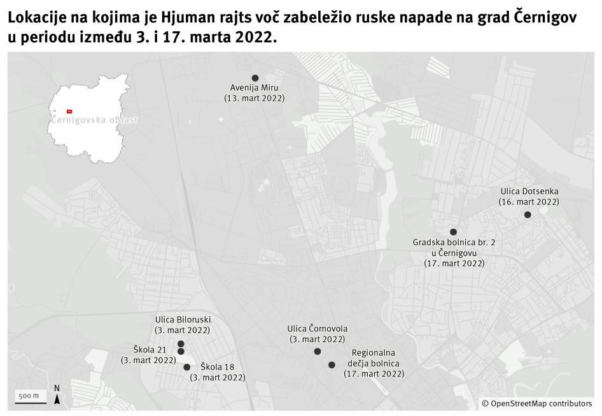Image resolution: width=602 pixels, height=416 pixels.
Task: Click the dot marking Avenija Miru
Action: (255, 78)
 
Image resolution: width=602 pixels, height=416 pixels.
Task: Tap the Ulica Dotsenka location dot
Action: (528, 215)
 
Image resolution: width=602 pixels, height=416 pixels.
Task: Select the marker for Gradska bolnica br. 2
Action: (453, 232)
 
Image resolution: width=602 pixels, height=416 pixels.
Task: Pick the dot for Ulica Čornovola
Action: (318, 351)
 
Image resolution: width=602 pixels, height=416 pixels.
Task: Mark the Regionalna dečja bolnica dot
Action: (332, 365)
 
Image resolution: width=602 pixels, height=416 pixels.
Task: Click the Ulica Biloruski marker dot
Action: (181, 344)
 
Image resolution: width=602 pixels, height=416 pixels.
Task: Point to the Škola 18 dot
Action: (186, 367)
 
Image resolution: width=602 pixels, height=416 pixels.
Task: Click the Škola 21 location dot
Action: (181, 352)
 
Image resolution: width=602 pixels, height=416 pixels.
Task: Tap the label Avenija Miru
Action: (255, 88)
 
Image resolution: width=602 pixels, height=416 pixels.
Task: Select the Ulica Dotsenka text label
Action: (529, 191)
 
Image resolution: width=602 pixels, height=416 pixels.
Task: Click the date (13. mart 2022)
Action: (255, 98)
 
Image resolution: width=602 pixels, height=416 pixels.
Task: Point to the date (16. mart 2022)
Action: (529, 201)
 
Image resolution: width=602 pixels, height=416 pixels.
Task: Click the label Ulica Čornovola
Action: (318, 329)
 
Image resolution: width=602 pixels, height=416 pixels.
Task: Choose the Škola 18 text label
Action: (218, 367)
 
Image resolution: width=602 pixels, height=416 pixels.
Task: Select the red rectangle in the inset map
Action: (69, 111)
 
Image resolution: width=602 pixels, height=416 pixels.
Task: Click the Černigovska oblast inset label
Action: (94, 120)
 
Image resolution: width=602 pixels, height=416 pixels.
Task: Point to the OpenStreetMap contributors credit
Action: (536, 403)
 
